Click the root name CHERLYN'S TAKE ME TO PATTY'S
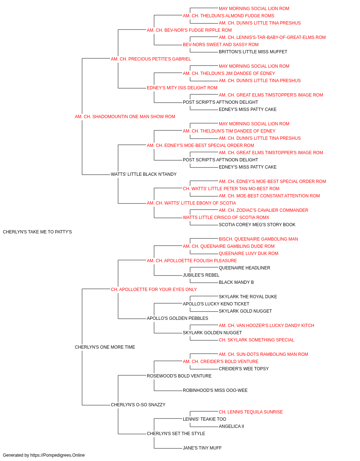pos(37,232)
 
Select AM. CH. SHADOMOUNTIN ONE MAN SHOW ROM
pos(125,117)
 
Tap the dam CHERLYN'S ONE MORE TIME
pos(105,347)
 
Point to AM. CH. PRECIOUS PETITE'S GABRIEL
pos(151,59)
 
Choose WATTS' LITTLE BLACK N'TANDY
pos(144,174)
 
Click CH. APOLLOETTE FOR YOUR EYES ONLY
pos(154,290)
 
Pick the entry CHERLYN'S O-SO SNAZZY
pos(138,405)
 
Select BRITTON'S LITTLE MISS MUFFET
pos(253,52)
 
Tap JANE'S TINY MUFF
pos(202,448)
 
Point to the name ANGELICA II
pos(231,426)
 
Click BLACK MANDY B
pos(236,282)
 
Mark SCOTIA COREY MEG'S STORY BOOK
pos(257,225)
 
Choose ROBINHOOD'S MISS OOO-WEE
pos(215,390)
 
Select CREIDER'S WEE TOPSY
pos(244,369)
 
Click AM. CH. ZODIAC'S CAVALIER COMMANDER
pos(263,210)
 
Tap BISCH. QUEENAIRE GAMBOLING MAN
pos(258,239)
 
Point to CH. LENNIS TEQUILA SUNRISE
pos(251,412)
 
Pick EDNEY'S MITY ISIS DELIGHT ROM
pos(182,88)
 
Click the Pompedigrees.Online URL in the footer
pos(57,455)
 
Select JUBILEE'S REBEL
pos(201,275)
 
